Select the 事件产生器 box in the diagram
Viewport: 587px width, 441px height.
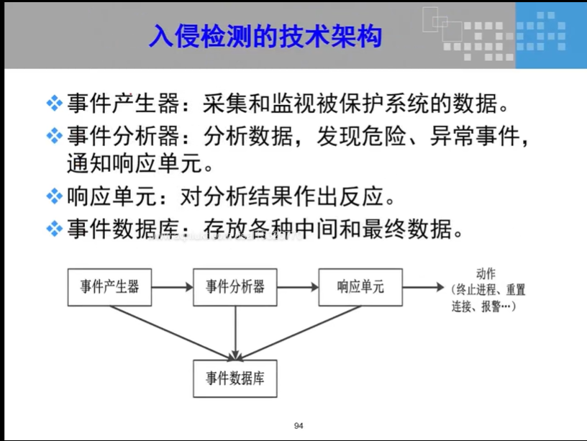109,286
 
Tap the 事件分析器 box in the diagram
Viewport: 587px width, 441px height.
235,286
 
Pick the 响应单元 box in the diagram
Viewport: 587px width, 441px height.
360,286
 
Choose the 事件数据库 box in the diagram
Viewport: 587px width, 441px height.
235,378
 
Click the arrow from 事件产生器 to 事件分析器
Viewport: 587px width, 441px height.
173,286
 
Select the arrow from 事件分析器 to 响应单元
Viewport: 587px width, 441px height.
298,286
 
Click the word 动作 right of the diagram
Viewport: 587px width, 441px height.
486,273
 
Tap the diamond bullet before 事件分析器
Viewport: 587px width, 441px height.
55,135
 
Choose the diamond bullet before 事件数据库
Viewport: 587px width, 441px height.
55,229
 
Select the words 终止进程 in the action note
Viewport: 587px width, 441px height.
475,290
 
